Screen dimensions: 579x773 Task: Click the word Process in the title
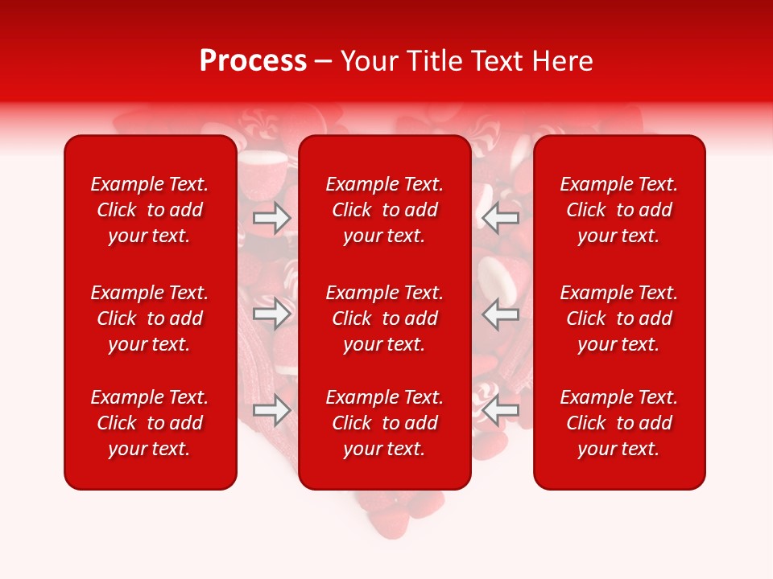(253, 61)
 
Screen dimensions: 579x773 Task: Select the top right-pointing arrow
(272, 218)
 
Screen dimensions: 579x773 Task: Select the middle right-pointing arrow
(272, 314)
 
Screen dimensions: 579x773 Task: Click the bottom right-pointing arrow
(272, 410)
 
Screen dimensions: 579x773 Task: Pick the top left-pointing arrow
(501, 218)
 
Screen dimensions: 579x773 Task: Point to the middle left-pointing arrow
(501, 314)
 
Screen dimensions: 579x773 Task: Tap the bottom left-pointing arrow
(501, 410)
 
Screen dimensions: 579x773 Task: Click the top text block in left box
(150, 210)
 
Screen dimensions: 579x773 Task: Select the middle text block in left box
(150, 318)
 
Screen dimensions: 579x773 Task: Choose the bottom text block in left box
(150, 423)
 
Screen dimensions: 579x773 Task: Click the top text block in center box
(385, 210)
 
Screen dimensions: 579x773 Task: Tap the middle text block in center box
(385, 318)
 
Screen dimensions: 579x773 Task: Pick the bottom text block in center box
(385, 423)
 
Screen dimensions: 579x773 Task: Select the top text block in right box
(619, 210)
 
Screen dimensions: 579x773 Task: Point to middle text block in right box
(619, 318)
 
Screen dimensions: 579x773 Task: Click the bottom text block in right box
(619, 423)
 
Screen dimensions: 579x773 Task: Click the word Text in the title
(498, 61)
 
